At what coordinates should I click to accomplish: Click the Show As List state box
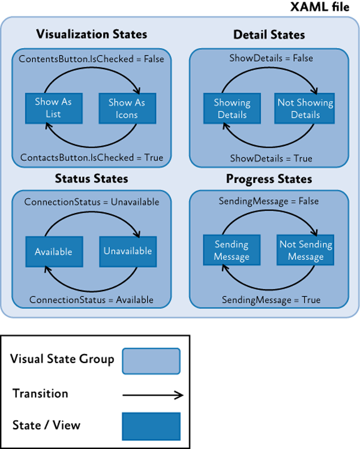coord(53,108)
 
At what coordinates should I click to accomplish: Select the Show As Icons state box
coord(127,109)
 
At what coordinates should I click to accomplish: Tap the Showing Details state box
coord(232,109)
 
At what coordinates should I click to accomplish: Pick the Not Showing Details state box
coord(305,109)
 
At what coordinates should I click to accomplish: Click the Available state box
coord(53,252)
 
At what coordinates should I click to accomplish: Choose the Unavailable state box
coord(127,252)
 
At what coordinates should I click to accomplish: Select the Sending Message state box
coord(232,251)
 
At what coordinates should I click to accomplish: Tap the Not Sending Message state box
coord(305,251)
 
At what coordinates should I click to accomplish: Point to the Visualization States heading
coord(92,34)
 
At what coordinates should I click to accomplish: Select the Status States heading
coord(91,178)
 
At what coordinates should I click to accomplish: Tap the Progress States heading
coord(269,179)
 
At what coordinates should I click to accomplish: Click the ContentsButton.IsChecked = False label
coord(91,59)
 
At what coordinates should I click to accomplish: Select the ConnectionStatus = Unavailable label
coord(92,202)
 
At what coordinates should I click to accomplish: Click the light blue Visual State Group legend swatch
coord(151,360)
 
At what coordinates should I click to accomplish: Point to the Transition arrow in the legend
coord(151,394)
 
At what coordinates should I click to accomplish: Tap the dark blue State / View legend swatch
coord(151,426)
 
